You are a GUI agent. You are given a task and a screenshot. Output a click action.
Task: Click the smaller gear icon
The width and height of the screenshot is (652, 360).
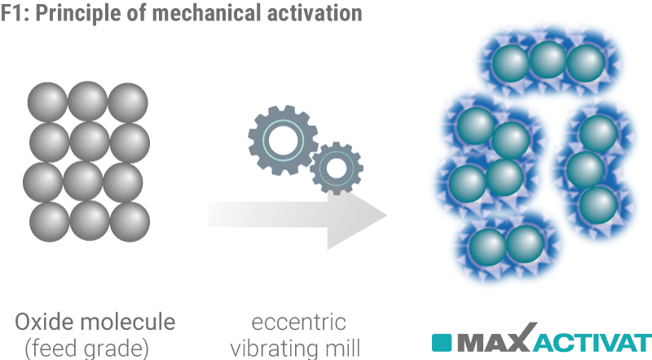334,167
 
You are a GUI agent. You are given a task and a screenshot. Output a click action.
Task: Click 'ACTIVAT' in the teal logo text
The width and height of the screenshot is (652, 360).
593,340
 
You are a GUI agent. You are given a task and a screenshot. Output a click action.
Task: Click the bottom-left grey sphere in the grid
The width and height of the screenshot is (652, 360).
47,218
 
